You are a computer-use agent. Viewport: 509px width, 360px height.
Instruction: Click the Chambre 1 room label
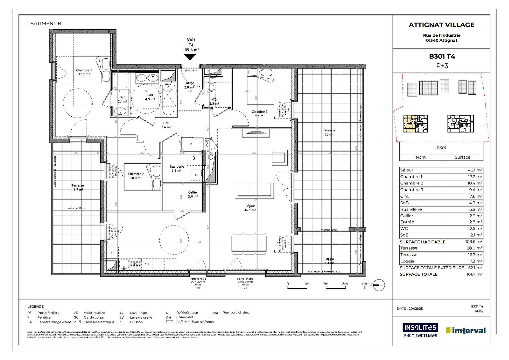click(x=84, y=72)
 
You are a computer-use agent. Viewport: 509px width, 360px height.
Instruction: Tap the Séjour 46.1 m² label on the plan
click(x=250, y=208)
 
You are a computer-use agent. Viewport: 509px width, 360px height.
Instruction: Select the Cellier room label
click(x=193, y=194)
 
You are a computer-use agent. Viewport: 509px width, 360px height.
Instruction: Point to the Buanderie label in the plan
click(x=176, y=168)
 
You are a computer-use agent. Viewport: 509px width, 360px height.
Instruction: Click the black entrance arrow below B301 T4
click(x=190, y=57)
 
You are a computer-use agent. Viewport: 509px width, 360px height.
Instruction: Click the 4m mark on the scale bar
click(x=364, y=284)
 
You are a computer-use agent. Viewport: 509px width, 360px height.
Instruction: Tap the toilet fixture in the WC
click(x=211, y=88)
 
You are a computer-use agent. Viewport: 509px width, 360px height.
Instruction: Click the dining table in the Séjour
click(x=249, y=244)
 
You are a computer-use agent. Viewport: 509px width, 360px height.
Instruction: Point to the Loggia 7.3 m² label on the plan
click(x=329, y=261)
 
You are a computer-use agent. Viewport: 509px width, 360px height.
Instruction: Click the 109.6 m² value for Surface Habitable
click(x=474, y=242)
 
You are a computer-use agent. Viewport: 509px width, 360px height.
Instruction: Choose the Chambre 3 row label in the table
click(x=412, y=190)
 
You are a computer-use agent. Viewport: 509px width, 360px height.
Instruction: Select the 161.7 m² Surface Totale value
click(x=474, y=274)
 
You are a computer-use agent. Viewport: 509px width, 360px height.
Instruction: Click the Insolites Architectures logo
click(x=420, y=330)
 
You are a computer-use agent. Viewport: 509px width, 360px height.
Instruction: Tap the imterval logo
click(x=466, y=330)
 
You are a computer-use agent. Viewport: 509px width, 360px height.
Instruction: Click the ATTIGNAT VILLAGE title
click(x=441, y=25)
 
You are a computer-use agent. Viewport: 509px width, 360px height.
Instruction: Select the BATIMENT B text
click(x=46, y=23)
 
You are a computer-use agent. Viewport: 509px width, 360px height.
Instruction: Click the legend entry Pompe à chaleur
click(x=236, y=313)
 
